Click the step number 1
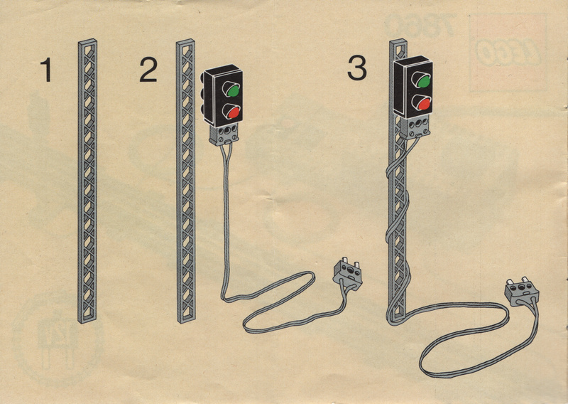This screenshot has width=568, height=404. click(46, 69)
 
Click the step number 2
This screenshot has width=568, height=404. click(148, 69)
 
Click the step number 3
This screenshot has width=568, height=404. click(357, 68)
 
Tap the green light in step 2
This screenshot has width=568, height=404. click(234, 91)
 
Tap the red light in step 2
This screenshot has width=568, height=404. click(234, 113)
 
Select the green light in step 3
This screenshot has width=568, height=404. click(423, 81)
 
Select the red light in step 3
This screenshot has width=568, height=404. click(424, 104)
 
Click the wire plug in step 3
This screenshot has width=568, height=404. click(522, 291)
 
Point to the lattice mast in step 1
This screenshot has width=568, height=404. click(87, 181)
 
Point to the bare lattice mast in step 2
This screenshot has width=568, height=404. click(186, 181)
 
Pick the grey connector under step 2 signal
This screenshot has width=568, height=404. click(224, 134)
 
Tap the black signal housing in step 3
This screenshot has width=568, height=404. click(413, 87)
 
